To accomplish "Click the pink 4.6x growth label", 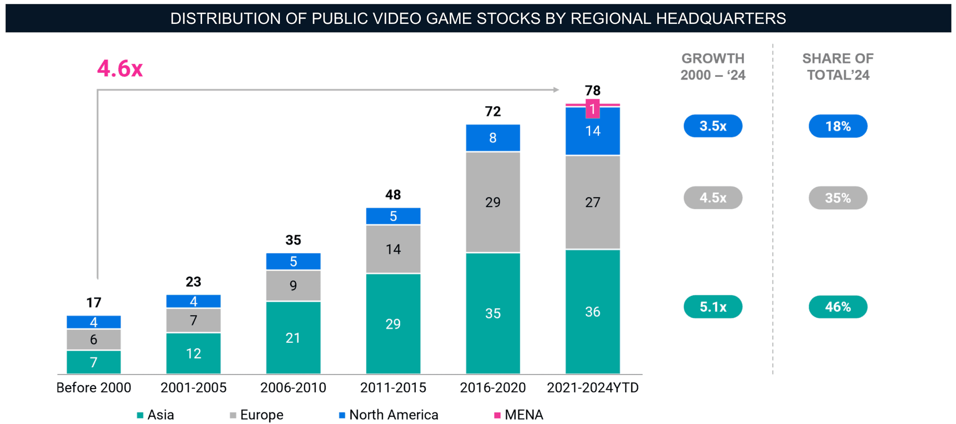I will click(119, 68).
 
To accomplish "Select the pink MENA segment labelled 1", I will click(593, 109).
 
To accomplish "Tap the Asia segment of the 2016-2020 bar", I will click(492, 313).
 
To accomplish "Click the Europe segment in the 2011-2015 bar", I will click(393, 249).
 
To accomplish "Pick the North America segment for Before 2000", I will click(94, 322).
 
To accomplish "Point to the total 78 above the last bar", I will click(593, 91).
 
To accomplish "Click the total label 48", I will click(393, 195).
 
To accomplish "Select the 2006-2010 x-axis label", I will click(293, 388).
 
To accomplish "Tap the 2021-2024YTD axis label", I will click(593, 388).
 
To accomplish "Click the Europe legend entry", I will click(256, 415).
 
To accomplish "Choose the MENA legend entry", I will click(518, 415).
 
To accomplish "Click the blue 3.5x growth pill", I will click(713, 126).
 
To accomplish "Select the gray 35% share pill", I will click(837, 198).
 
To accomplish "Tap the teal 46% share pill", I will click(837, 307).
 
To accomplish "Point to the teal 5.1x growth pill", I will click(713, 307).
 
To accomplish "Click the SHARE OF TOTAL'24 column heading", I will click(837, 67).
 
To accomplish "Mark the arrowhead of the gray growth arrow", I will click(556, 90).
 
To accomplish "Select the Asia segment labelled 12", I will click(193, 353).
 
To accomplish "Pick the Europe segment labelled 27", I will click(593, 202).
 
